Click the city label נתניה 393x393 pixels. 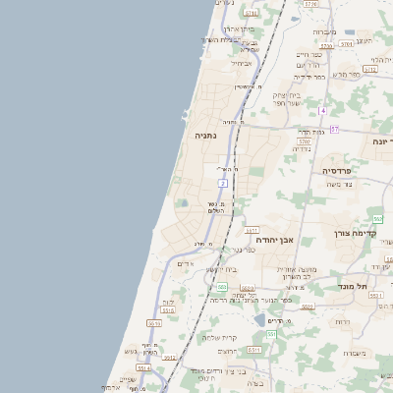[206, 135]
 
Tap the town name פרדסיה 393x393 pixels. [343, 170]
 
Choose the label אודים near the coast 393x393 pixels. [186, 263]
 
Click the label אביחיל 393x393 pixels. [241, 63]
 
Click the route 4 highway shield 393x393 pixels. [321, 110]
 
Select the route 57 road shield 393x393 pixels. [334, 129]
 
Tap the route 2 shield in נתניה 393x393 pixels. [224, 184]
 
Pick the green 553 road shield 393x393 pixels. [223, 288]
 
